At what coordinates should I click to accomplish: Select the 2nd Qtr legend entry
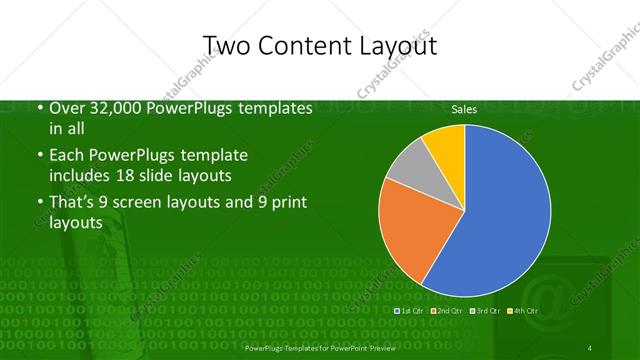point(448,311)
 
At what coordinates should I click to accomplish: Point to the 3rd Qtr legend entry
point(485,311)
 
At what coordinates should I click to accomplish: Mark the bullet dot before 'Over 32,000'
point(38,109)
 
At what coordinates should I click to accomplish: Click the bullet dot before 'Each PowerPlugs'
point(38,157)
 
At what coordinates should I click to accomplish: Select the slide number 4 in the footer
point(590,347)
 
